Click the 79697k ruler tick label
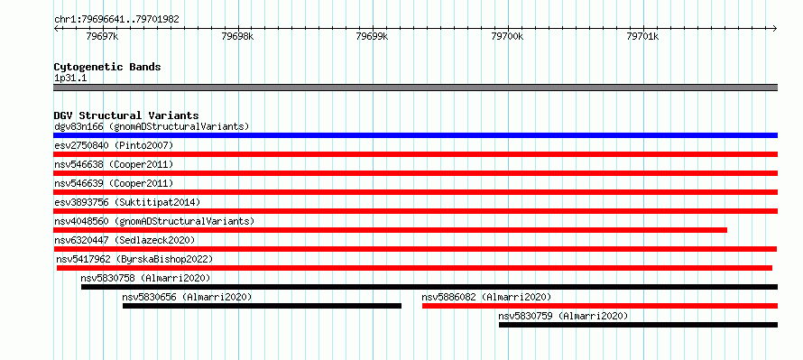[103, 36]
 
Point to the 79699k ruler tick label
[373, 36]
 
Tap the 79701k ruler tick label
[642, 36]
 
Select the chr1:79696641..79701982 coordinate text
[116, 20]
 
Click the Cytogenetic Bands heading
[107, 67]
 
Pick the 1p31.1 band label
[70, 78]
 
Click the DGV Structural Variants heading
[126, 115]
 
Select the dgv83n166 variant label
[78, 126]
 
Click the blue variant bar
[415, 135]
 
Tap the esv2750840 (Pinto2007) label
[114, 145]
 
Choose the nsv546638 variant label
[78, 164]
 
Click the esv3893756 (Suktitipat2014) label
[127, 202]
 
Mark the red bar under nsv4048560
[391, 230]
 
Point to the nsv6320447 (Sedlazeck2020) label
[125, 240]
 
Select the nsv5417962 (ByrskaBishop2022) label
[134, 259]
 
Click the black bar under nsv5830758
[429, 287]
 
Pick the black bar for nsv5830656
[262, 306]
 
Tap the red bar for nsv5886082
[600, 306]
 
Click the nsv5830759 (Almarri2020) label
[563, 316]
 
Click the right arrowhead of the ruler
[775, 28]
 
